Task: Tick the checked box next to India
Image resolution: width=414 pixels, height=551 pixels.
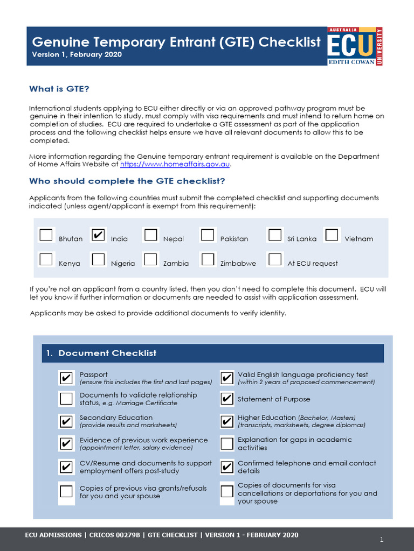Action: [99, 235]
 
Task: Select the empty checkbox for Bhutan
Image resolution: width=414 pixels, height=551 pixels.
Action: [46, 235]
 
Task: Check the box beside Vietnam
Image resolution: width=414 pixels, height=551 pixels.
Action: [332, 235]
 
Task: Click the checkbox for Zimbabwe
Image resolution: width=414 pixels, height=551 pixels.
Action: [208, 259]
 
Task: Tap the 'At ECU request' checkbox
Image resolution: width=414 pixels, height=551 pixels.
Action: [275, 259]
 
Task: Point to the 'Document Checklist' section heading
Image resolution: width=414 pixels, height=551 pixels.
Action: [107, 353]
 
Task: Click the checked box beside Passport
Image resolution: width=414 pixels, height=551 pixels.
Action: [66, 378]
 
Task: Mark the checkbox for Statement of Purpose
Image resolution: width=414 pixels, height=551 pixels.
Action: [227, 399]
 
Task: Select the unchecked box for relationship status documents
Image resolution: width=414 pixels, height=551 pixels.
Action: [66, 399]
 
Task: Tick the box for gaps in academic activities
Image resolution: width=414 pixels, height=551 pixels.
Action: [227, 443]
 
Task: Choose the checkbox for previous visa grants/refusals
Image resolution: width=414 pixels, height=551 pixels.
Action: [66, 491]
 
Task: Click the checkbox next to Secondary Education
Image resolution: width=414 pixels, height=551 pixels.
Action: [66, 421]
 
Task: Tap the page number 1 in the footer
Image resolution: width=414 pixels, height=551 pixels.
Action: [381, 539]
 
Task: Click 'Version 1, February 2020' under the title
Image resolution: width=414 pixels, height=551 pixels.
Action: [77, 54]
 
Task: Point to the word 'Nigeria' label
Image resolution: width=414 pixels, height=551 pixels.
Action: [123, 264]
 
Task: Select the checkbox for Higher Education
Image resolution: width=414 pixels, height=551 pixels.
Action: [227, 421]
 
